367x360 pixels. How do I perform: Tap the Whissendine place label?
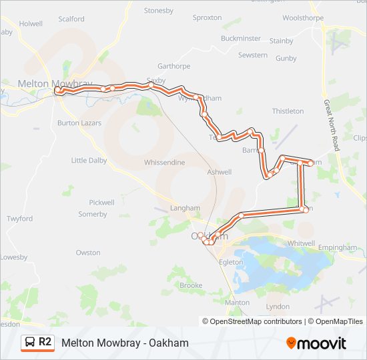[x=163, y=163]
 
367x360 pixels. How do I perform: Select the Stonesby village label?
[x=158, y=11]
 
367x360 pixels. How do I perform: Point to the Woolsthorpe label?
[x=302, y=18]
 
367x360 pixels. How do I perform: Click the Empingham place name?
[x=338, y=247]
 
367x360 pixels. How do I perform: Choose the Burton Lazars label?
[x=79, y=123]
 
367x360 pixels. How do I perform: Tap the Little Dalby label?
[x=89, y=160]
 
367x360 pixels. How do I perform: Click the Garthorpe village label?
[x=174, y=66]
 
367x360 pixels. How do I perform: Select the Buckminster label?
[x=241, y=39]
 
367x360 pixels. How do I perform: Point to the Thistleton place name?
[x=288, y=111]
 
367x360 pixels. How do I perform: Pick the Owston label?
[x=88, y=253]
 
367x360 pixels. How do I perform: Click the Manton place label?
[x=237, y=302]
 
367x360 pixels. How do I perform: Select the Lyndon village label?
[x=278, y=307]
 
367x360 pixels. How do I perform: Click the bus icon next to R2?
[x=30, y=343]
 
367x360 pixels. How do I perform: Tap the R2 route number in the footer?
[x=45, y=343]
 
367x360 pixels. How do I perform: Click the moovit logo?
[x=316, y=343]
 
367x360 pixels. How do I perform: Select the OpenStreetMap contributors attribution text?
[x=252, y=321]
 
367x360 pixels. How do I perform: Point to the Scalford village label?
[x=71, y=19]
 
